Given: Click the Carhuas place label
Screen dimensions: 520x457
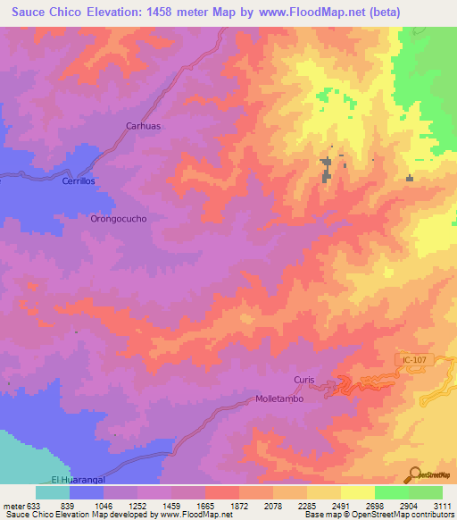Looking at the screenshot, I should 143,126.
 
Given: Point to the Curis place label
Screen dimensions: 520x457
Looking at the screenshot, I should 304,380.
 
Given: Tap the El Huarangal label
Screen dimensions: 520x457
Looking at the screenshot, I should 72,480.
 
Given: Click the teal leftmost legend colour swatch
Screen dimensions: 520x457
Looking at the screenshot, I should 53,492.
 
